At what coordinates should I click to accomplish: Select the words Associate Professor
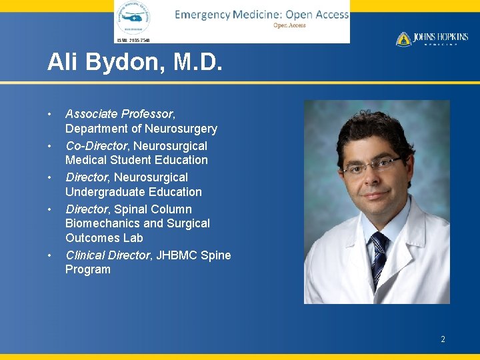click(119, 114)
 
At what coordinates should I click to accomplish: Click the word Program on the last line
click(88, 270)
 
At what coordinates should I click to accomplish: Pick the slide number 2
click(443, 339)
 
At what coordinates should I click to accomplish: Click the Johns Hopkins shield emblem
click(403, 39)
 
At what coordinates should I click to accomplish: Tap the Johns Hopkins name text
click(441, 38)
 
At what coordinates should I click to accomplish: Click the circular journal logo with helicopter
click(133, 19)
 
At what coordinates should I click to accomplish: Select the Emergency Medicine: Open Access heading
click(261, 15)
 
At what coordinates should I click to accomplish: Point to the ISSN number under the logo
click(134, 40)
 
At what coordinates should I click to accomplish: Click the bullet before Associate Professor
click(50, 114)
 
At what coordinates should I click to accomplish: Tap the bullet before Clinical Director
click(50, 255)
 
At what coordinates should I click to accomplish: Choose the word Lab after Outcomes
click(133, 238)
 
